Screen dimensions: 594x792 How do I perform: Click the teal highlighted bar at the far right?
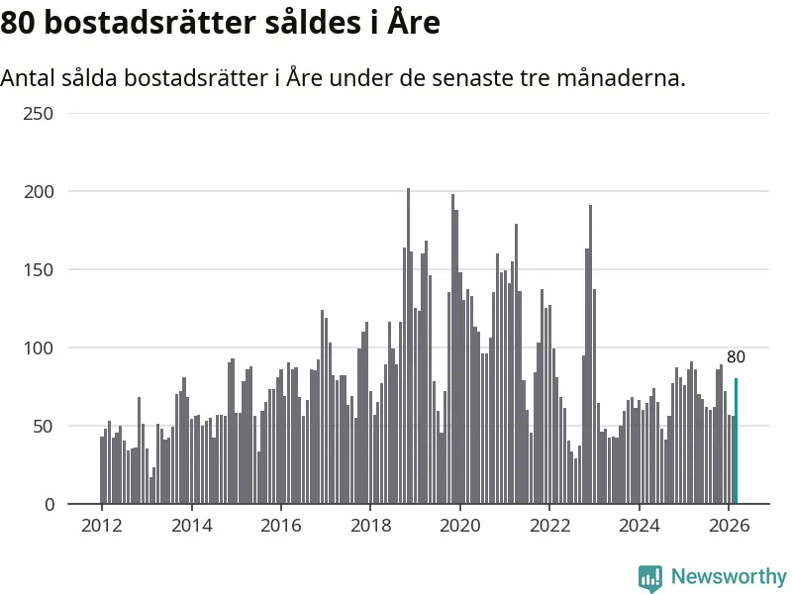736,442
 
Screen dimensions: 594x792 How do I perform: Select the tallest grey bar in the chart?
408,346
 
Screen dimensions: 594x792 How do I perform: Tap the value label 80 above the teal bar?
736,357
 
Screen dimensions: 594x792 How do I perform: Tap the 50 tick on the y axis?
44,427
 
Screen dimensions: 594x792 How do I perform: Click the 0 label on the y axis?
49,505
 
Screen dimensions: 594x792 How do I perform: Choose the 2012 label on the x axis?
102,527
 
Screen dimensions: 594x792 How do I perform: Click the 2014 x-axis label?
191,527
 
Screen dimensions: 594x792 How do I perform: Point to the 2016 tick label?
281,527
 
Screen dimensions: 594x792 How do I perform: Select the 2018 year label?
370,527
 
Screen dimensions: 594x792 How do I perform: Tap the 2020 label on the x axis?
460,527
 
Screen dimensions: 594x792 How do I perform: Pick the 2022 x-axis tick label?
549,527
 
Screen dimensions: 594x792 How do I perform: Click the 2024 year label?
640,527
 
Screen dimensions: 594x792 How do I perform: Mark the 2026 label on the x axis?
729,527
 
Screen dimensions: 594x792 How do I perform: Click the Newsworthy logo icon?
650,578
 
